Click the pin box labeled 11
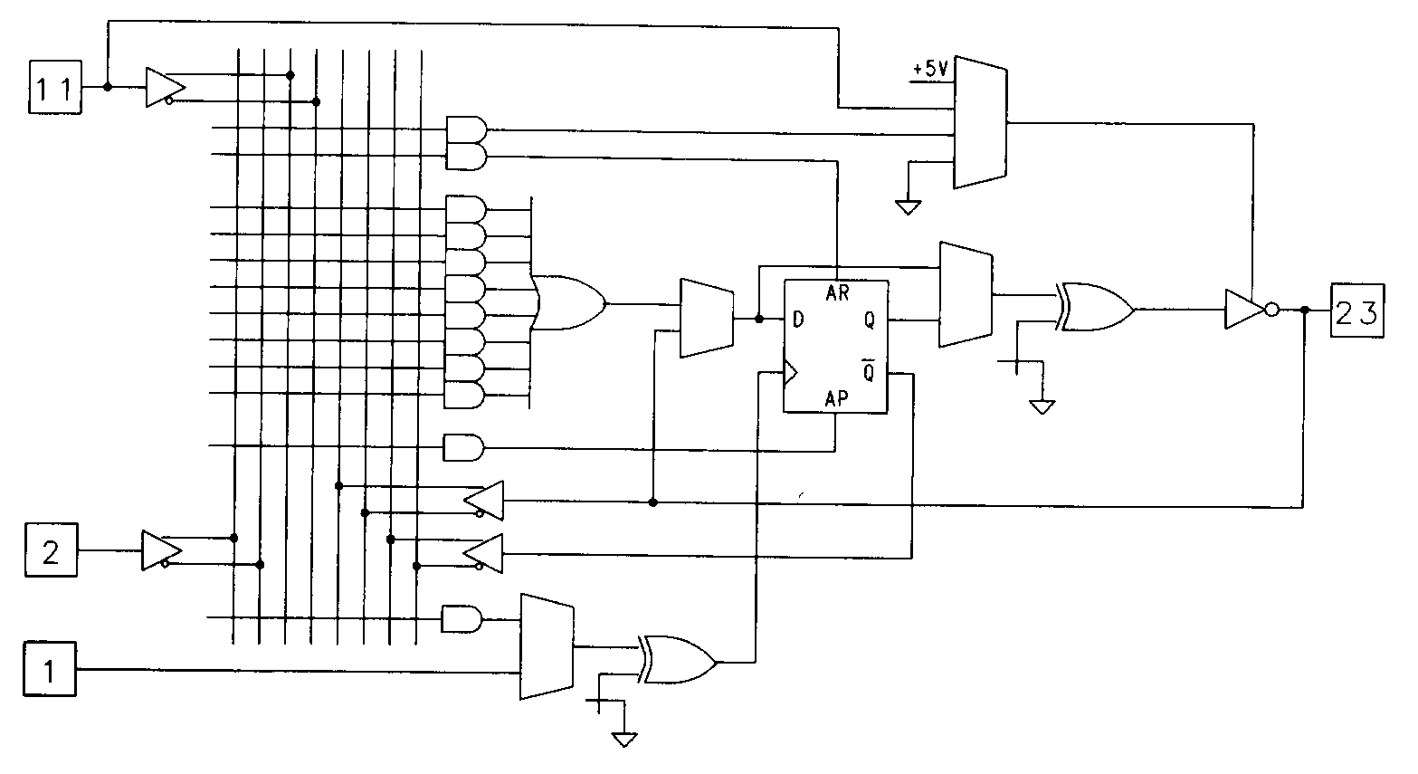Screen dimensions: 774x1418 point(55,87)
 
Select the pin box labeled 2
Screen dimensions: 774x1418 point(50,550)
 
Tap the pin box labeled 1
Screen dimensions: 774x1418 point(50,669)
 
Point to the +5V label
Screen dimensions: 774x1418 point(930,69)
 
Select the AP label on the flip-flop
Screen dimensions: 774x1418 point(835,398)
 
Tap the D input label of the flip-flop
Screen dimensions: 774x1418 point(797,319)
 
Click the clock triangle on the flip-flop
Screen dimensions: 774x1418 point(790,372)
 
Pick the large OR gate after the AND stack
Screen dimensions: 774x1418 point(569,302)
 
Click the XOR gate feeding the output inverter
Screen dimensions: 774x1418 point(1095,309)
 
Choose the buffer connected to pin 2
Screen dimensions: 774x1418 point(160,551)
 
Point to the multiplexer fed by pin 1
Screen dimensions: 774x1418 point(546,646)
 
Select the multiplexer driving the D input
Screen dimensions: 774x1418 point(706,318)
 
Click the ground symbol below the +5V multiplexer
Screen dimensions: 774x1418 point(907,206)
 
